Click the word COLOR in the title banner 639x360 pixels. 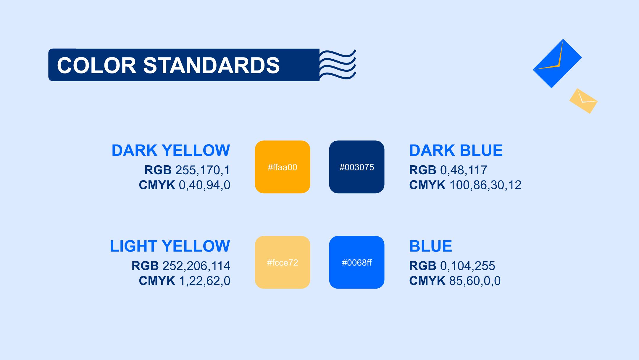click(96, 65)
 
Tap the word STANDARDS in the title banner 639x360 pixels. click(212, 65)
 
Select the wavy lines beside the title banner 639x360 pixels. click(338, 65)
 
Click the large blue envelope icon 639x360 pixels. click(557, 63)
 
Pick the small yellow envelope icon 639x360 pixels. click(583, 101)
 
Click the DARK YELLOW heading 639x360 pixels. click(171, 150)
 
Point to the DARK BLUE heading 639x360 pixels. click(456, 150)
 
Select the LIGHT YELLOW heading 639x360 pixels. click(170, 246)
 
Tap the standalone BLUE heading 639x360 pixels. click(431, 246)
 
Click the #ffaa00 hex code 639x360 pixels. click(283, 167)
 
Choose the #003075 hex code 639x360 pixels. click(357, 167)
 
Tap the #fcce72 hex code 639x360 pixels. click(283, 263)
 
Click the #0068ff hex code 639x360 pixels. click(357, 263)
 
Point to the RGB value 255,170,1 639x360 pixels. click(203, 170)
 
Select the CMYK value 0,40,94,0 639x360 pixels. click(205, 185)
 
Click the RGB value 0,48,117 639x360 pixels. click(464, 170)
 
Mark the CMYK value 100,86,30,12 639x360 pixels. click(485, 185)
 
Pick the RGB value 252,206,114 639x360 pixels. click(196, 266)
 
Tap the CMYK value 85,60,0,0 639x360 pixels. click(475, 281)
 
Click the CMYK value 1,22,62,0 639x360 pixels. click(205, 281)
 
